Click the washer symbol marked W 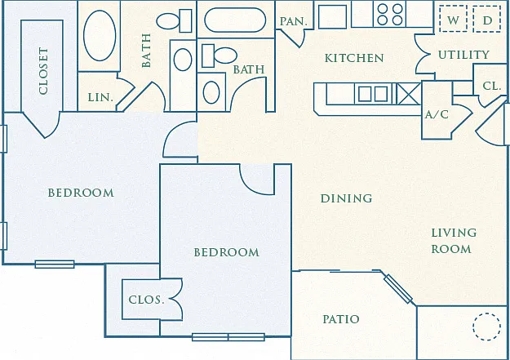tap(453, 19)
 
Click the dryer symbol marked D tap(487, 19)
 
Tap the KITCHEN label tap(354, 58)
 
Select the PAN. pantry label tap(294, 21)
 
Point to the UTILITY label tap(463, 55)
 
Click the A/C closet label tap(437, 114)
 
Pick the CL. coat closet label tap(491, 86)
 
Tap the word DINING tap(347, 198)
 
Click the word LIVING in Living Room tap(454, 233)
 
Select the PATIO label tap(341, 319)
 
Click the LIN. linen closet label tap(100, 97)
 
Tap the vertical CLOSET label tap(43, 71)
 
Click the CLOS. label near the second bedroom tap(146, 300)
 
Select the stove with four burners tap(390, 15)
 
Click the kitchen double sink tap(373, 94)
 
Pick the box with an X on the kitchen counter tap(409, 93)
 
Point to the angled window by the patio tap(398, 289)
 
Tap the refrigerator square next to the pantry tap(332, 16)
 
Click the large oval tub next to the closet tap(100, 35)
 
